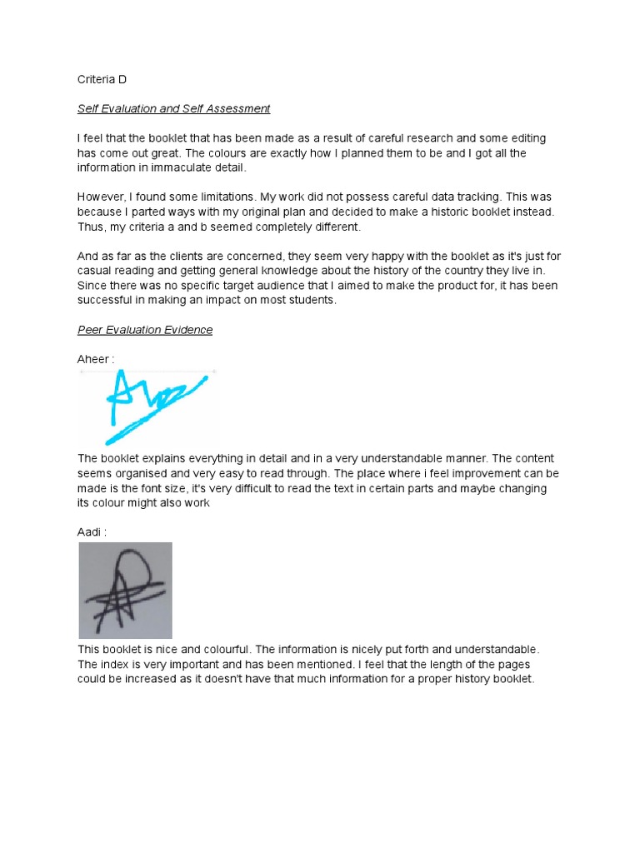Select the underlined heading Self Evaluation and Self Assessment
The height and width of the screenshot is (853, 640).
[173, 108]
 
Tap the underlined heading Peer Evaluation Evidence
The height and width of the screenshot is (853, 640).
[145, 330]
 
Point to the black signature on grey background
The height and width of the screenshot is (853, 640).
[125, 591]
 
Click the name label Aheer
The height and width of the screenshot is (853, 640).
[93, 359]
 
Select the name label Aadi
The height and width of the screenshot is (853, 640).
[92, 531]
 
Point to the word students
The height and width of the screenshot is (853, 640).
[309, 301]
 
